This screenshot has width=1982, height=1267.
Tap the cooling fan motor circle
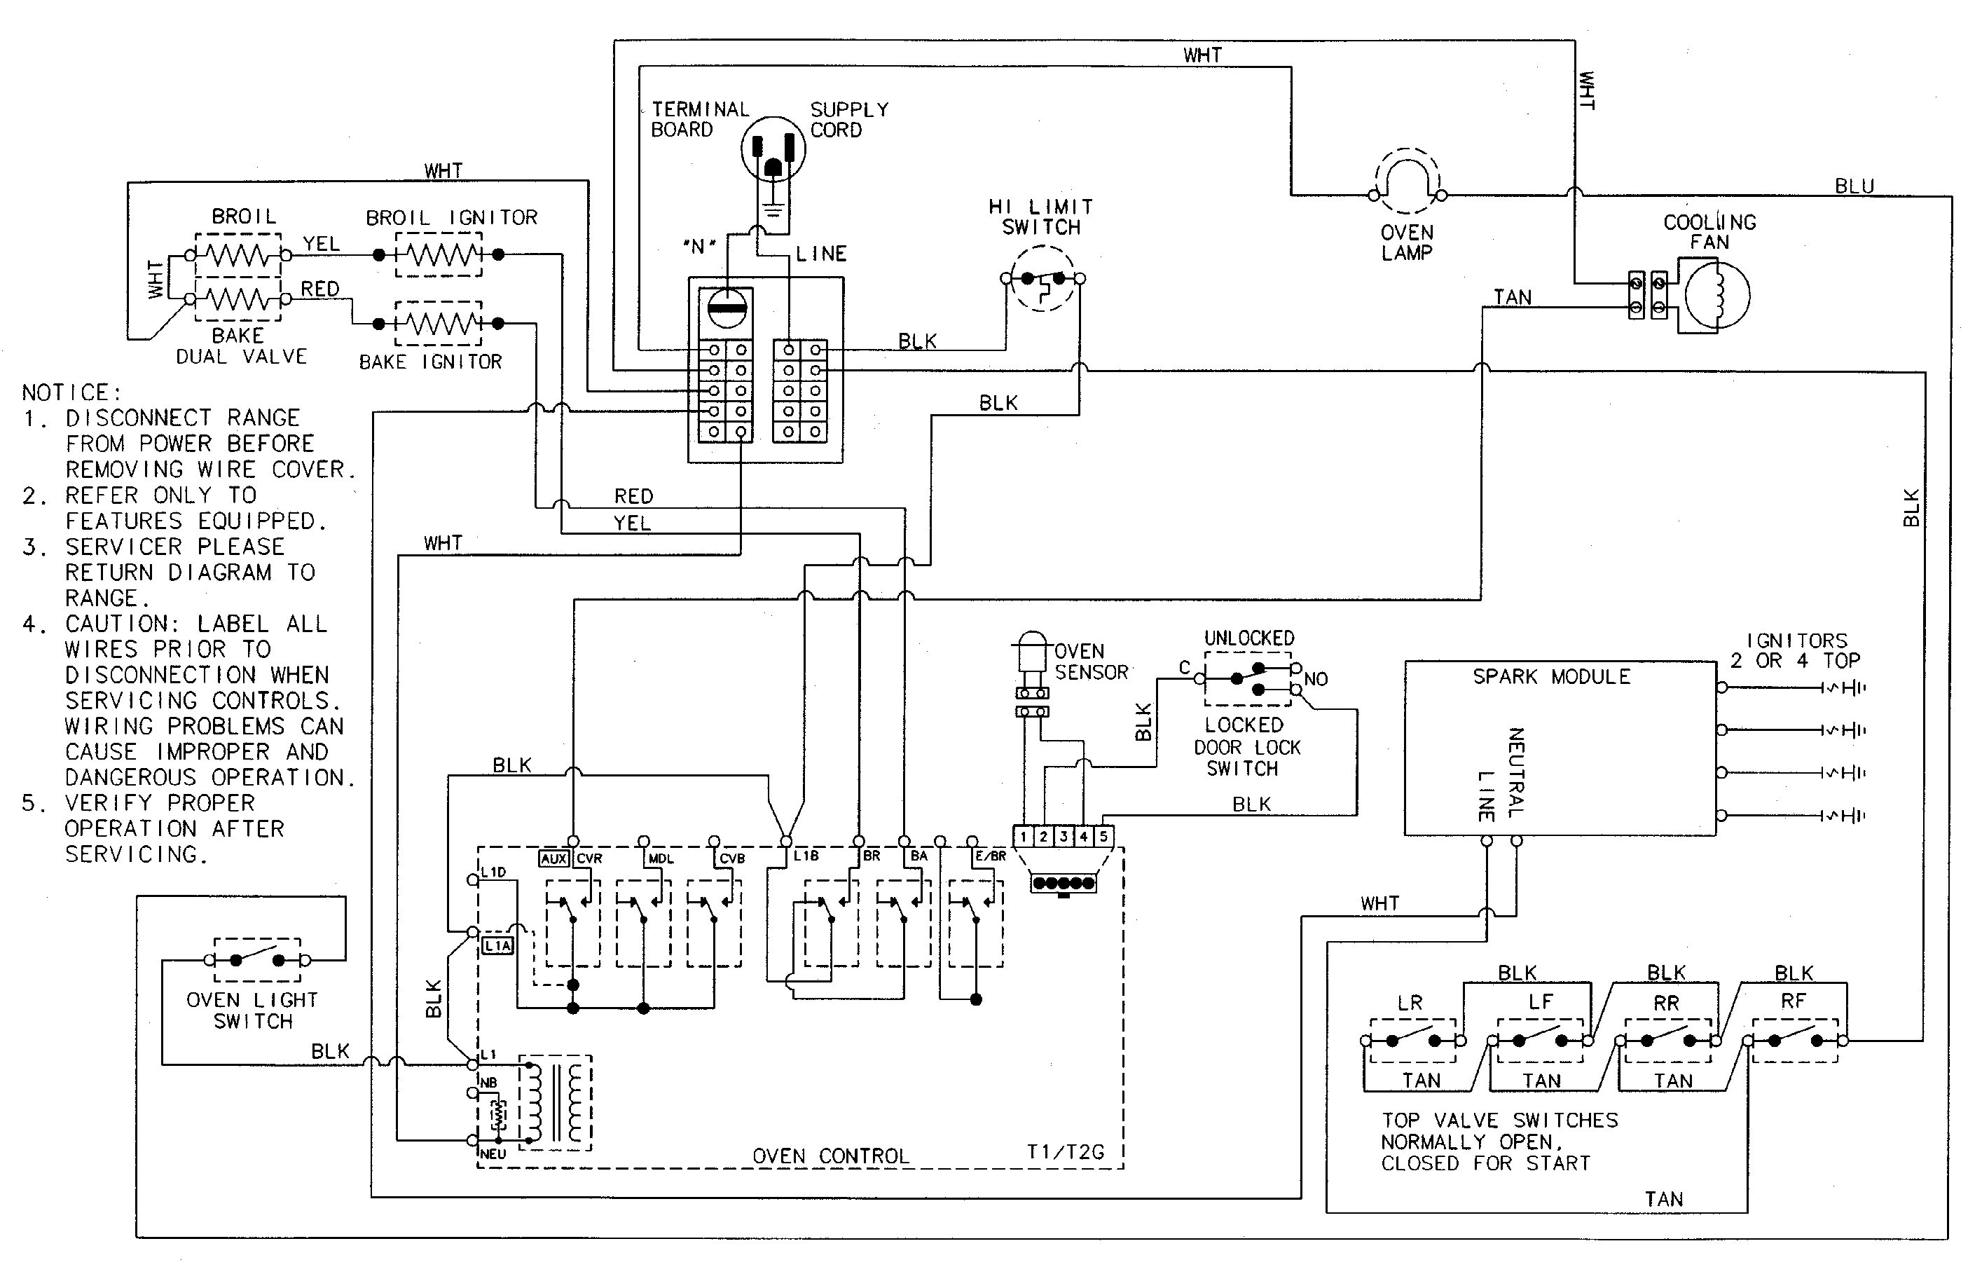[x=1717, y=296]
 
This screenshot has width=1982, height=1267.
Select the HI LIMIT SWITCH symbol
[x=1042, y=279]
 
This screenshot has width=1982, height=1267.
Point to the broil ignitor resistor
[x=438, y=254]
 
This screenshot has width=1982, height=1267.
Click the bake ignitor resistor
[x=438, y=324]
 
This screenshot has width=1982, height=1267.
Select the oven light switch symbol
[x=257, y=960]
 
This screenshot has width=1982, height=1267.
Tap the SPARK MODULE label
[x=1550, y=677]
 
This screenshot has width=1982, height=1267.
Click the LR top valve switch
[x=1412, y=1041]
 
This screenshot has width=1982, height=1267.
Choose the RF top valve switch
[x=1794, y=1041]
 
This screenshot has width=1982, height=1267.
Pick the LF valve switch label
[x=1541, y=1002]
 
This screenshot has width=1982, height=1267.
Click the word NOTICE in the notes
[x=71, y=392]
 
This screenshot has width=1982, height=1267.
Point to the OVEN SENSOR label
[x=1091, y=662]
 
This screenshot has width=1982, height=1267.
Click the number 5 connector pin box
[x=1103, y=837]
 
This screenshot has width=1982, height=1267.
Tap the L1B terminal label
[x=806, y=856]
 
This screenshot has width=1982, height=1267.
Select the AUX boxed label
[x=554, y=858]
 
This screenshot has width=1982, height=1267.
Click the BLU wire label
[x=1854, y=187]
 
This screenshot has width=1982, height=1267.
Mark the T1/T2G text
[x=1065, y=1152]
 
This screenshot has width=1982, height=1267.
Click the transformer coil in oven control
[x=555, y=1102]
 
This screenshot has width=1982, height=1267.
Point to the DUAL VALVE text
[x=241, y=357]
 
